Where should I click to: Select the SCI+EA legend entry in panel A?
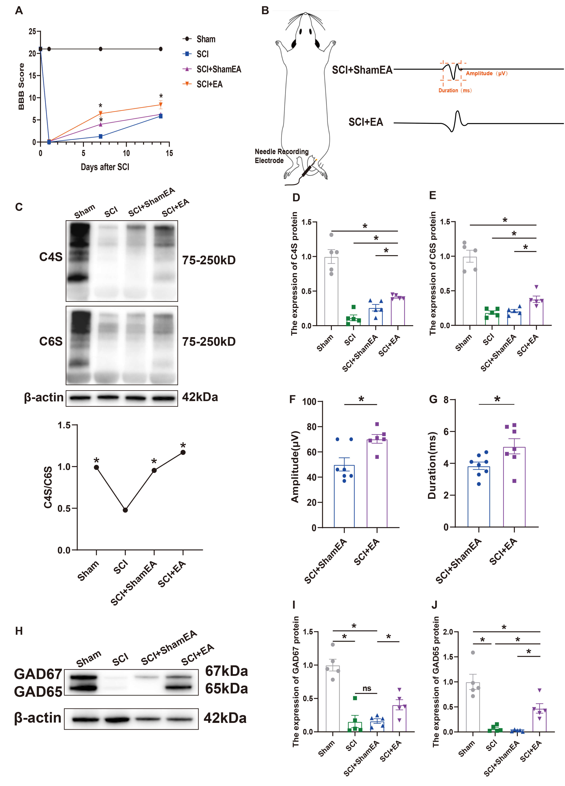coord(209,84)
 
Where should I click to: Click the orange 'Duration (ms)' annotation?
coord(455,90)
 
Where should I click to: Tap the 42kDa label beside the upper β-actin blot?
coord(200,397)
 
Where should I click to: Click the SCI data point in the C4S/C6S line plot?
coord(125,510)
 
